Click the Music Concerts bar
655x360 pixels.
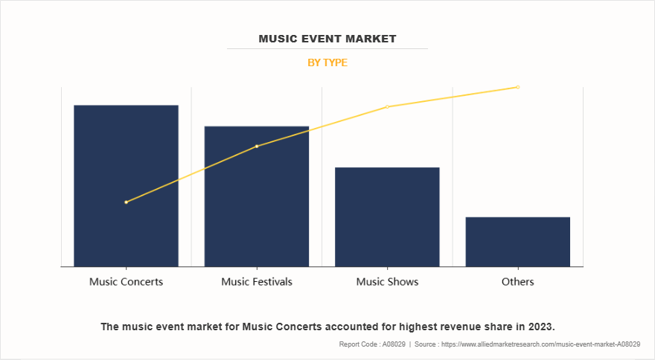[x=126, y=186]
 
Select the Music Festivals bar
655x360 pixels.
[x=257, y=196]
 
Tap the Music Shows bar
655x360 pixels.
[x=387, y=216]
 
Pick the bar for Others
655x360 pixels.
[x=518, y=242]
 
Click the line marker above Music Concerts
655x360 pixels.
[x=126, y=202]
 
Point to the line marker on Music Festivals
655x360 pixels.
[x=257, y=147]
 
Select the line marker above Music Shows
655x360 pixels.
[x=387, y=107]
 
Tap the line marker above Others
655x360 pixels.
[x=518, y=87]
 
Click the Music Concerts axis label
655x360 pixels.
[x=126, y=282]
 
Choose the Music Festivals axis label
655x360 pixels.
[x=257, y=282]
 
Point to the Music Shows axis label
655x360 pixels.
[x=387, y=282]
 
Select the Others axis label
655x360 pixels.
[x=518, y=282]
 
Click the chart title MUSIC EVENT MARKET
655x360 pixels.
[x=327, y=39]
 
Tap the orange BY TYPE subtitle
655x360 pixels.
[x=327, y=62]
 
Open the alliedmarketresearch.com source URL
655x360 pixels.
[x=541, y=344]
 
